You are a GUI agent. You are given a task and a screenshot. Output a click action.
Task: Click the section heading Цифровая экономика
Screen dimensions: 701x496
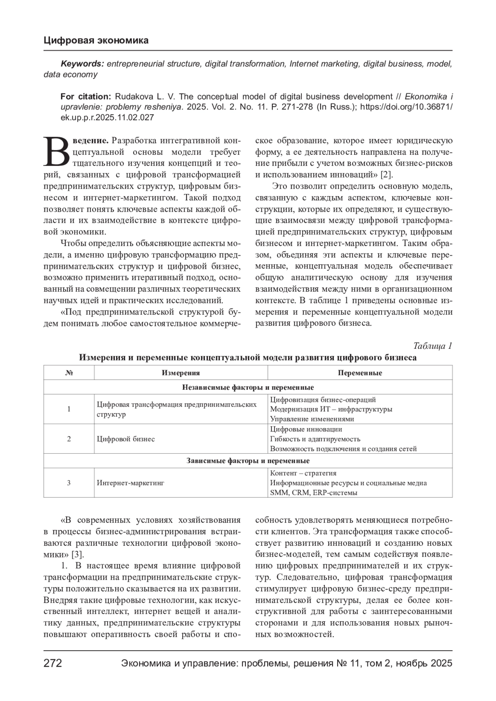pos(96,40)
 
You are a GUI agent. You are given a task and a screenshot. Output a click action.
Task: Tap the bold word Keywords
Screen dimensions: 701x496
pos(82,64)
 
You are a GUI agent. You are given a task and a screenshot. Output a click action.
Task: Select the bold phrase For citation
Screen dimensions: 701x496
pos(86,97)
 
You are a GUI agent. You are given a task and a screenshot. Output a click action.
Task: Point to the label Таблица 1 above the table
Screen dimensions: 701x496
pos(432,346)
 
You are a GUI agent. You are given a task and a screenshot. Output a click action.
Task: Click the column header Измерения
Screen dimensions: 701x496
pos(181,373)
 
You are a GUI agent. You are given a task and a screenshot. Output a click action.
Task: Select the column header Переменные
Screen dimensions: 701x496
pos(360,373)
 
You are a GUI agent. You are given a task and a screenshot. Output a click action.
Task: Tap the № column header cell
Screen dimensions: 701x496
pos(69,373)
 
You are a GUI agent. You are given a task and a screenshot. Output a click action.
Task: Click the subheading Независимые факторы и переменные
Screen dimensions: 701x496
pos(248,387)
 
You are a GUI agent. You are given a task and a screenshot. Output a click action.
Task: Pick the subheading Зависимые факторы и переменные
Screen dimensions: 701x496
pos(248,461)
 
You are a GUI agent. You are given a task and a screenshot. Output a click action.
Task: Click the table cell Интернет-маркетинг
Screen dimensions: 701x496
pos(131,483)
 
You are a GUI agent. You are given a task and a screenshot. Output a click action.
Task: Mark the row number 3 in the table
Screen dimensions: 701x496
pos(69,483)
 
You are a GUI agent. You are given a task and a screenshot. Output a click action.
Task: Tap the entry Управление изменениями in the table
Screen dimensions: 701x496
pos(312,419)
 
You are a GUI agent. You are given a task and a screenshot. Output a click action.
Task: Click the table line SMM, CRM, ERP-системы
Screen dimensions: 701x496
pos(313,493)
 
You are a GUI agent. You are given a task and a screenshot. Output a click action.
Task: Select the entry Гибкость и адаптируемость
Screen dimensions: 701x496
pos(315,439)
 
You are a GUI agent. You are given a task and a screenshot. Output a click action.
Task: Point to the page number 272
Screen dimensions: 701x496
pos(53,663)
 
